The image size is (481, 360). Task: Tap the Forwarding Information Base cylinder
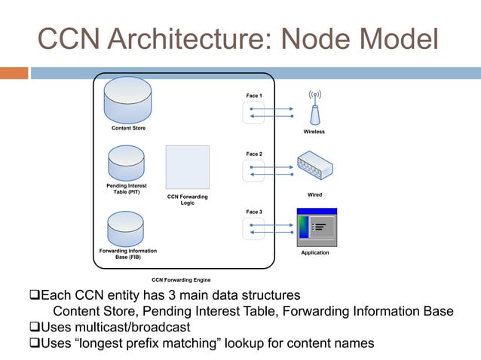[x=126, y=228]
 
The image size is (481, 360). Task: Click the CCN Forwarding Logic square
[x=187, y=167]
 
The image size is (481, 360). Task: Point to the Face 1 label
[x=254, y=96]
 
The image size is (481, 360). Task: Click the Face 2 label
[x=254, y=154]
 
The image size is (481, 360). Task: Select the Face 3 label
[x=254, y=212]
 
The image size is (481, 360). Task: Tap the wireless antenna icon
[x=314, y=108]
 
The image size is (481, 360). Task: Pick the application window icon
[x=316, y=227]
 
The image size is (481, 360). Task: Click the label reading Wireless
[x=314, y=132]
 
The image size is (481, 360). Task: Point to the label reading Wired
[x=314, y=195]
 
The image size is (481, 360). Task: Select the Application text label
[x=315, y=253]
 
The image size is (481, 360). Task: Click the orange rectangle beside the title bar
[x=14, y=73]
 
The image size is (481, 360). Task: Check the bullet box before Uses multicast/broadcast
[x=33, y=328]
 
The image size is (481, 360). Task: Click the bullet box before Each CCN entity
[x=33, y=294]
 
